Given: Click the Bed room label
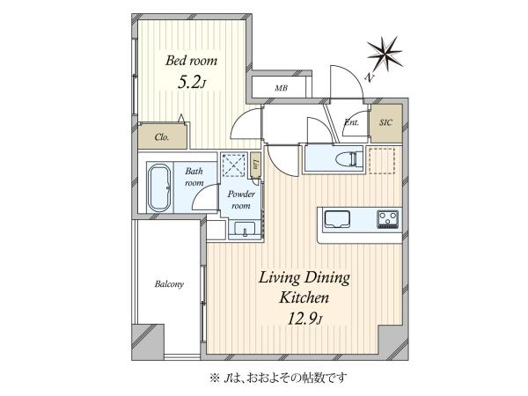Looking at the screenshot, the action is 191,61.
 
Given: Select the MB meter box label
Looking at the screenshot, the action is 282,88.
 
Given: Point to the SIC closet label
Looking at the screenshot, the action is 385,122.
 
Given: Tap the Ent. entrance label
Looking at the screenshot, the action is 352,122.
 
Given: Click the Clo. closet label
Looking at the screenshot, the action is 162,137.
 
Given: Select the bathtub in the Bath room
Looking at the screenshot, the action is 159,187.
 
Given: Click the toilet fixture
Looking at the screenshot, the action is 350,159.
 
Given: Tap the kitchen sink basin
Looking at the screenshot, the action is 337,219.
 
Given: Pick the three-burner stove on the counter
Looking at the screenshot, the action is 387,219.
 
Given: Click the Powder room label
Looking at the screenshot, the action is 241,200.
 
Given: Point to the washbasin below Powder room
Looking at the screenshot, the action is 245,230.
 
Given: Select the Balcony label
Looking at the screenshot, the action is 169,284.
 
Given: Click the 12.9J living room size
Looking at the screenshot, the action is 304,319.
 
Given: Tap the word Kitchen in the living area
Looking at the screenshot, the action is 304,298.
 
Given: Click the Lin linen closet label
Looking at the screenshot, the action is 256,164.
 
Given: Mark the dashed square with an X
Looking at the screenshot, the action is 235,165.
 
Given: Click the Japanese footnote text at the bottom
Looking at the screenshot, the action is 278,378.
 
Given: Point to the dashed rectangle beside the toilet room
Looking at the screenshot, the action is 382,161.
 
